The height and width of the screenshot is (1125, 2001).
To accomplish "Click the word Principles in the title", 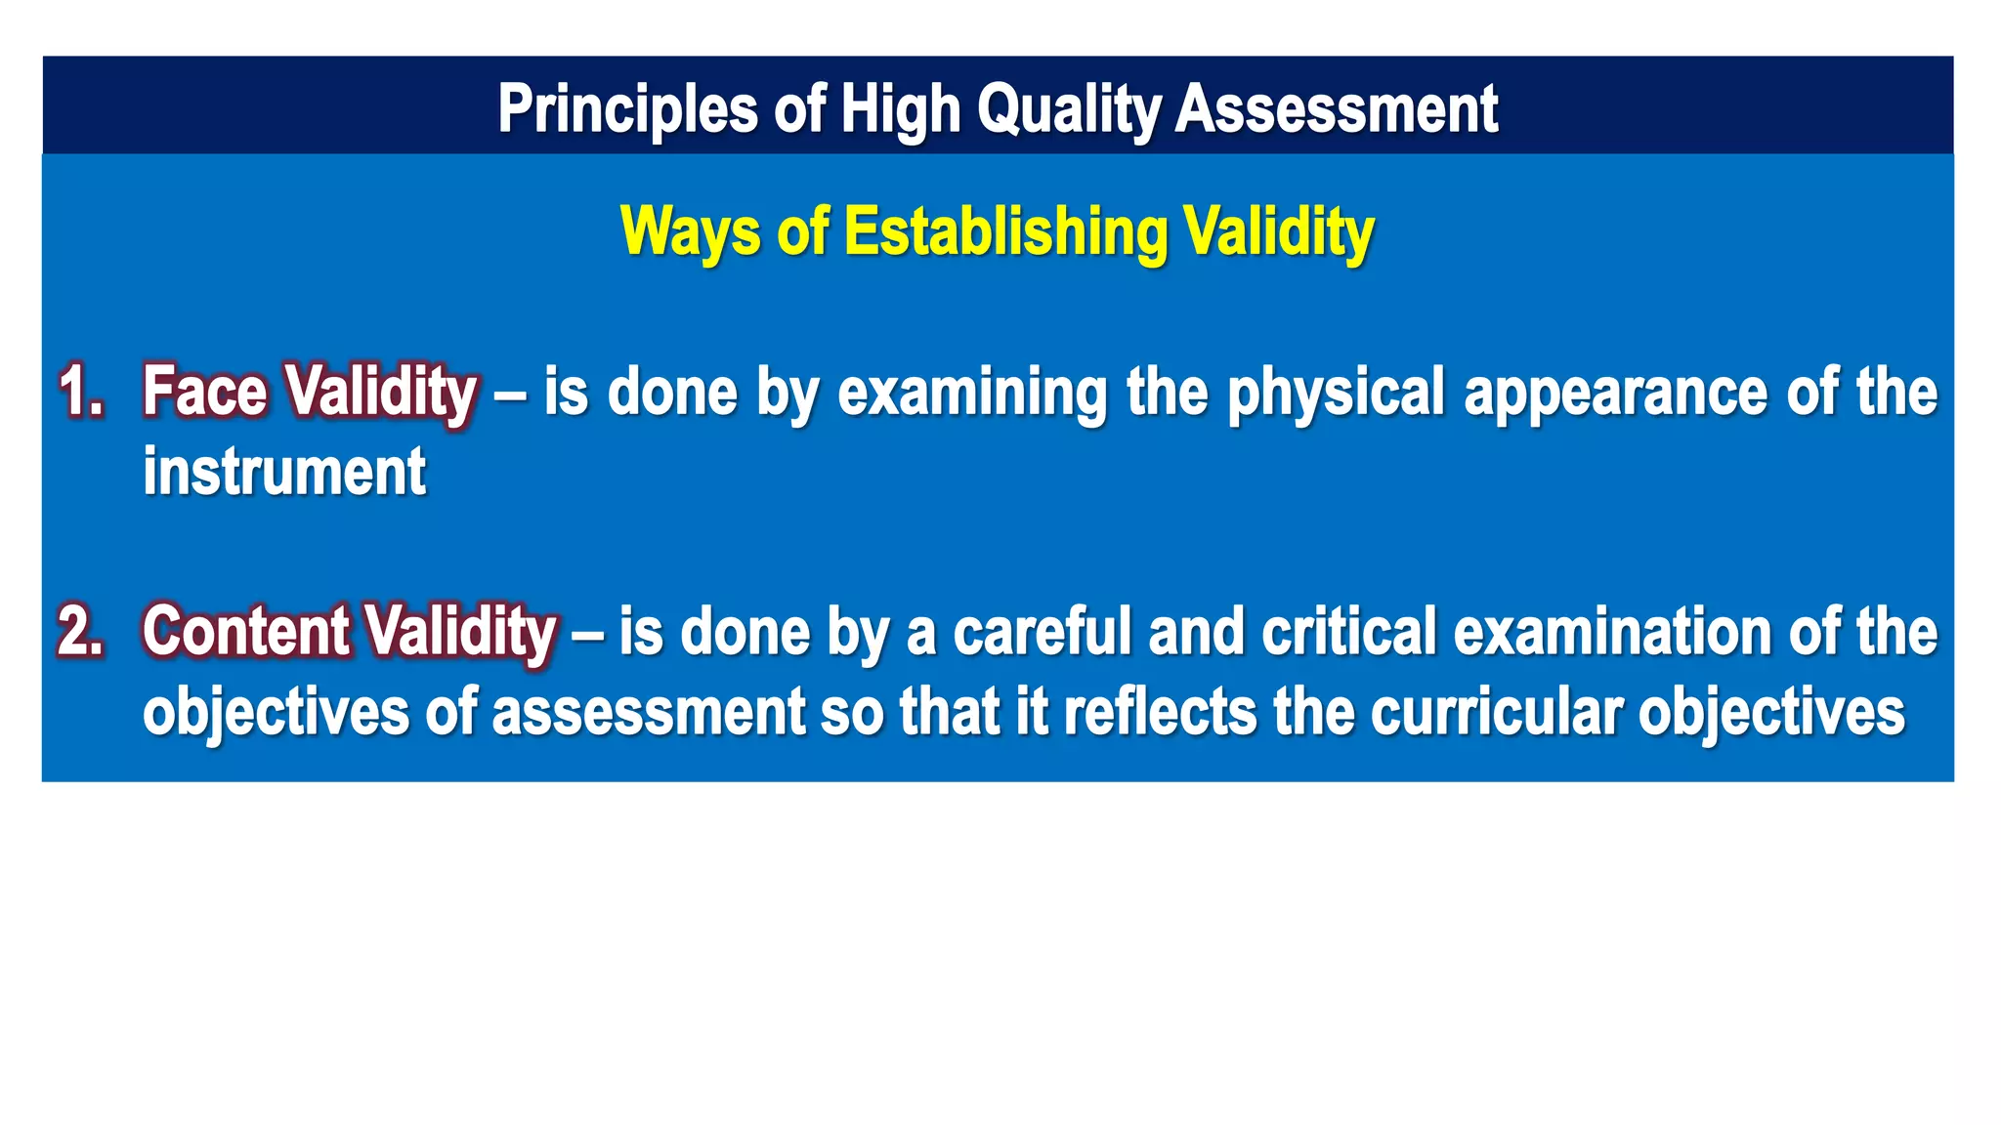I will [627, 109].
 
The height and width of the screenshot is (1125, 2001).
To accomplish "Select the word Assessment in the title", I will [1336, 109].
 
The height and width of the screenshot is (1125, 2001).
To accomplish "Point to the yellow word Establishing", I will [1005, 232].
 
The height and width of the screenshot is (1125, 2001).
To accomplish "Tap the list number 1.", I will [81, 393].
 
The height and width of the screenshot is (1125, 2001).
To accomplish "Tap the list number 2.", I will [81, 632].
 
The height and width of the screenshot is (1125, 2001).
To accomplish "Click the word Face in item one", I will [204, 393].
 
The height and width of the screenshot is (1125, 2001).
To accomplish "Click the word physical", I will [1335, 393].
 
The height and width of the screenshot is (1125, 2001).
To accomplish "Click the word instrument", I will [284, 473].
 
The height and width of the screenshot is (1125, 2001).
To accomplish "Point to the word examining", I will [972, 393].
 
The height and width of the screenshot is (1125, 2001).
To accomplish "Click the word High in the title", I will [900, 109].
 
